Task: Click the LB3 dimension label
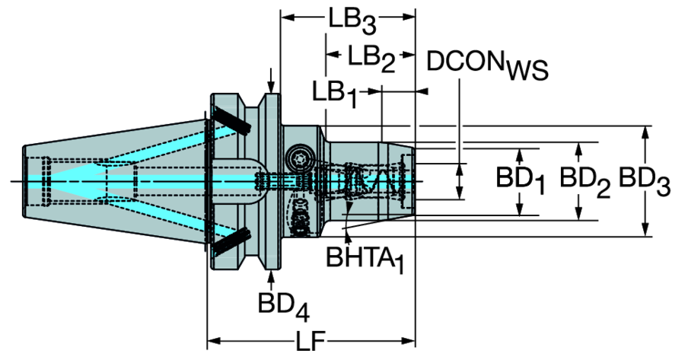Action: pos(352,23)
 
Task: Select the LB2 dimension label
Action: pos(371,59)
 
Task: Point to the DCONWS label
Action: pos(487,65)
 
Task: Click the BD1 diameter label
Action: pos(521,181)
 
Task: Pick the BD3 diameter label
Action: pos(645,181)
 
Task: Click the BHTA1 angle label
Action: pos(365,260)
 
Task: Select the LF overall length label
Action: pos(311,341)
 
